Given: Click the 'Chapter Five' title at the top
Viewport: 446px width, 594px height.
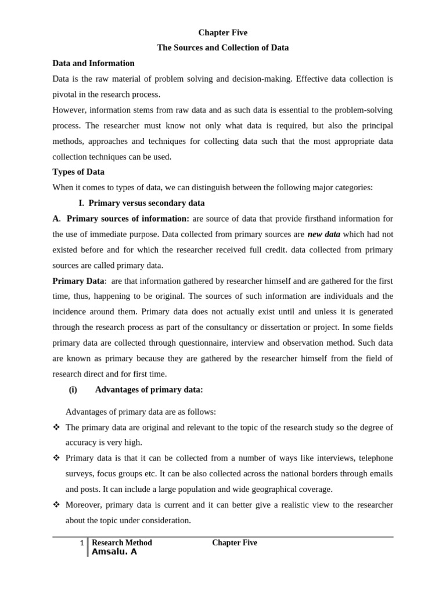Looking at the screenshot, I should [222, 32].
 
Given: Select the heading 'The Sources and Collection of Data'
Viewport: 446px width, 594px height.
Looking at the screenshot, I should [222, 48].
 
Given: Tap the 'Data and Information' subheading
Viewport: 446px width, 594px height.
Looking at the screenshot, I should [93, 63].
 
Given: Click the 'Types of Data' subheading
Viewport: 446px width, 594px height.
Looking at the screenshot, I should [78, 172].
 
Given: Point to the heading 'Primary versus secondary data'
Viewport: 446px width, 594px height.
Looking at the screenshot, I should [146, 203].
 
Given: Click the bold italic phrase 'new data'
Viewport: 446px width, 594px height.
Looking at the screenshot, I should [324, 234].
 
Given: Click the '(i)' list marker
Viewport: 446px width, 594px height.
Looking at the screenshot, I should [73, 390].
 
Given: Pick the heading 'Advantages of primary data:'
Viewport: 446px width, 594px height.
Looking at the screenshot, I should [149, 390].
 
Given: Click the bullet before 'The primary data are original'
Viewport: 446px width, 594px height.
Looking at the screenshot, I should [56, 428].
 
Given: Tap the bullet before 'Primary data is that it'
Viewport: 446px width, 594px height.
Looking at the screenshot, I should [56, 458].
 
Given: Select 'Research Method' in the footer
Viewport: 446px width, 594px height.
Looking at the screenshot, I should [122, 543].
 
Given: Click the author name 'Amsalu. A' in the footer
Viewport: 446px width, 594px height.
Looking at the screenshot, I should [114, 552].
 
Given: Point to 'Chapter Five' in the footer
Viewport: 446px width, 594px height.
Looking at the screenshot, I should [235, 543].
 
